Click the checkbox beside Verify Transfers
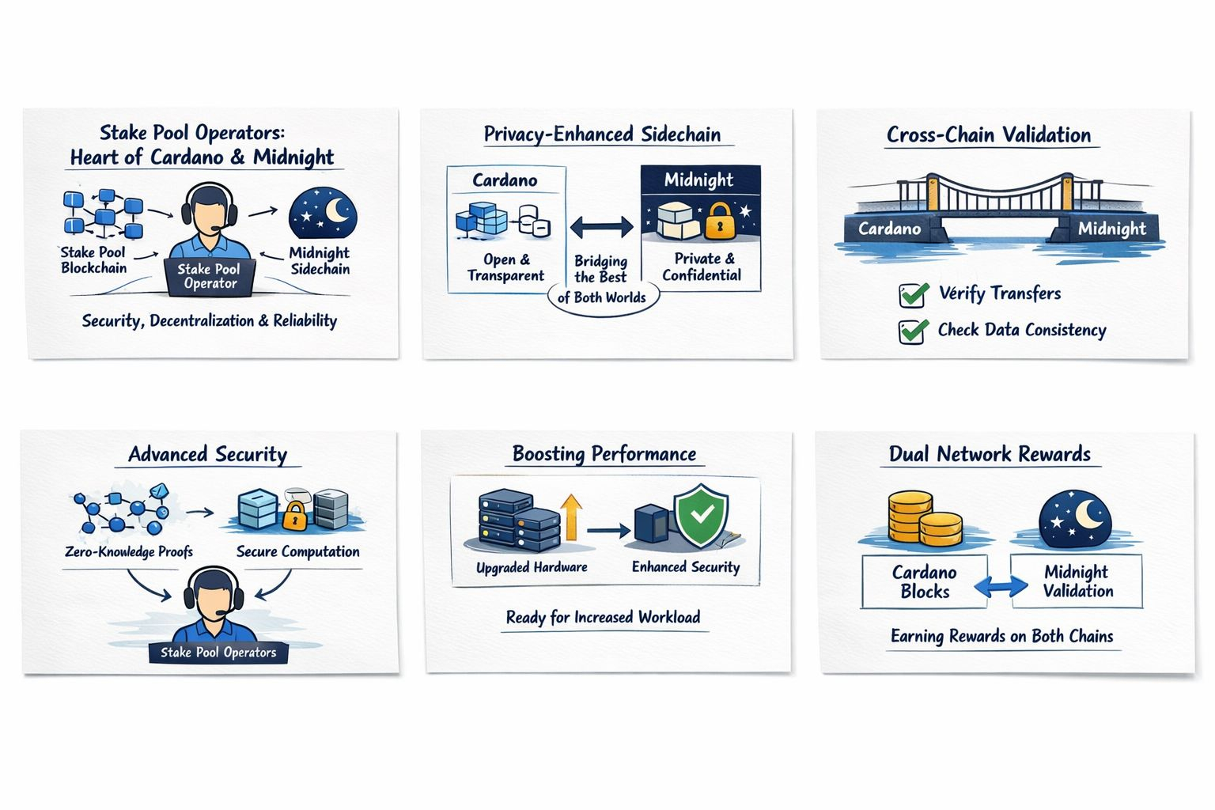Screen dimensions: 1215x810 [x=914, y=295]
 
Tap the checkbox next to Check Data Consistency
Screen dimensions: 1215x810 [x=914, y=331]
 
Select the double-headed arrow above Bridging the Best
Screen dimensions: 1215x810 [x=601, y=228]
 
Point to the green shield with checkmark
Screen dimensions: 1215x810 [x=701, y=516]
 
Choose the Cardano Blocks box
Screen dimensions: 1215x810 [x=924, y=581]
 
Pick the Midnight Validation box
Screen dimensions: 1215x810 [x=1077, y=581]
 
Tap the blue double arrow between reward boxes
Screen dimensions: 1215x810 [x=1000, y=586]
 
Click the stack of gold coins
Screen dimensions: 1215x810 [x=923, y=519]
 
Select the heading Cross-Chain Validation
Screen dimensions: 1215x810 [x=988, y=134]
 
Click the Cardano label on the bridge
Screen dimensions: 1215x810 [x=890, y=229]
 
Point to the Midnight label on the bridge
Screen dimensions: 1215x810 [x=1111, y=229]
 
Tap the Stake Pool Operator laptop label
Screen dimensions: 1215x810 [x=210, y=277]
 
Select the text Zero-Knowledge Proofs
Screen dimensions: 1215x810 [x=129, y=551]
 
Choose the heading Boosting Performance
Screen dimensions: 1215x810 [x=604, y=454]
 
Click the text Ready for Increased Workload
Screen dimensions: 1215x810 [x=603, y=617]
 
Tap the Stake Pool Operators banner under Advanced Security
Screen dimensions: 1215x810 [x=218, y=653]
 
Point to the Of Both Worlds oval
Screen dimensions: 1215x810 [x=602, y=298]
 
